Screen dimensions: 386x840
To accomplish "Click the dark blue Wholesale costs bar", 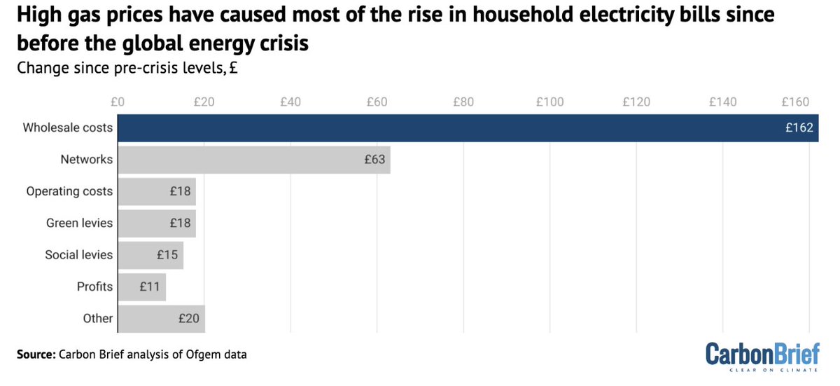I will (x=468, y=128).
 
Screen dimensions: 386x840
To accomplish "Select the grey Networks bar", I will (x=253, y=160).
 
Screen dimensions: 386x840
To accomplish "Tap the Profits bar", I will (x=141, y=287).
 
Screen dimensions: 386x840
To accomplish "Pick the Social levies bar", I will (x=150, y=255).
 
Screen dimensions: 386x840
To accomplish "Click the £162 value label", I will (x=799, y=128).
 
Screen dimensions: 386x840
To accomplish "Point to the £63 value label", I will (x=374, y=160).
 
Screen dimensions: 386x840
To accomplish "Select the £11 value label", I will (x=150, y=287).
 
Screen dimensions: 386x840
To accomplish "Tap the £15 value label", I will (x=167, y=255).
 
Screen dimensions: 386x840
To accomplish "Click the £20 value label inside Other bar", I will (x=189, y=319).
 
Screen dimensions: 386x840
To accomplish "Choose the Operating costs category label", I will (x=69, y=191).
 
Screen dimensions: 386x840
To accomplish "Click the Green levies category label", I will (x=79, y=223).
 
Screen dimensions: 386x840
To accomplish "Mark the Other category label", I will (x=97, y=319).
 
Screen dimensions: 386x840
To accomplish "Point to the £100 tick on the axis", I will (x=549, y=102).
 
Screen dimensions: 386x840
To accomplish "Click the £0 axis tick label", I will (x=117, y=102).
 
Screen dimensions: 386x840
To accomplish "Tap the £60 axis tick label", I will (x=377, y=102).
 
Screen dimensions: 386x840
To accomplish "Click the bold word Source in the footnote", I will (x=36, y=355).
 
